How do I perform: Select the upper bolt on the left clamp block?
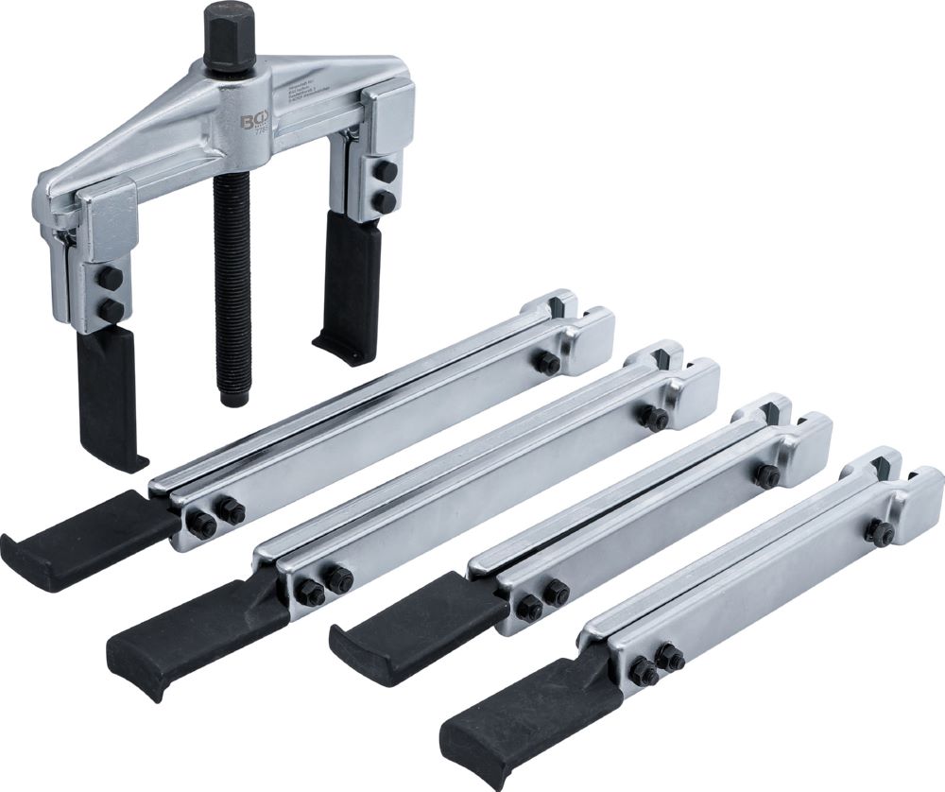pyautogui.click(x=110, y=277)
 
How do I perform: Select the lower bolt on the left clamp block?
pyautogui.click(x=112, y=310)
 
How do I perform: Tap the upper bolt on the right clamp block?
pyautogui.click(x=386, y=170)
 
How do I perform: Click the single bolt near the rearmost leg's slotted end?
pyautogui.click(x=545, y=363)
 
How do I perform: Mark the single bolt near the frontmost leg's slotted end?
pyautogui.click(x=879, y=532)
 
